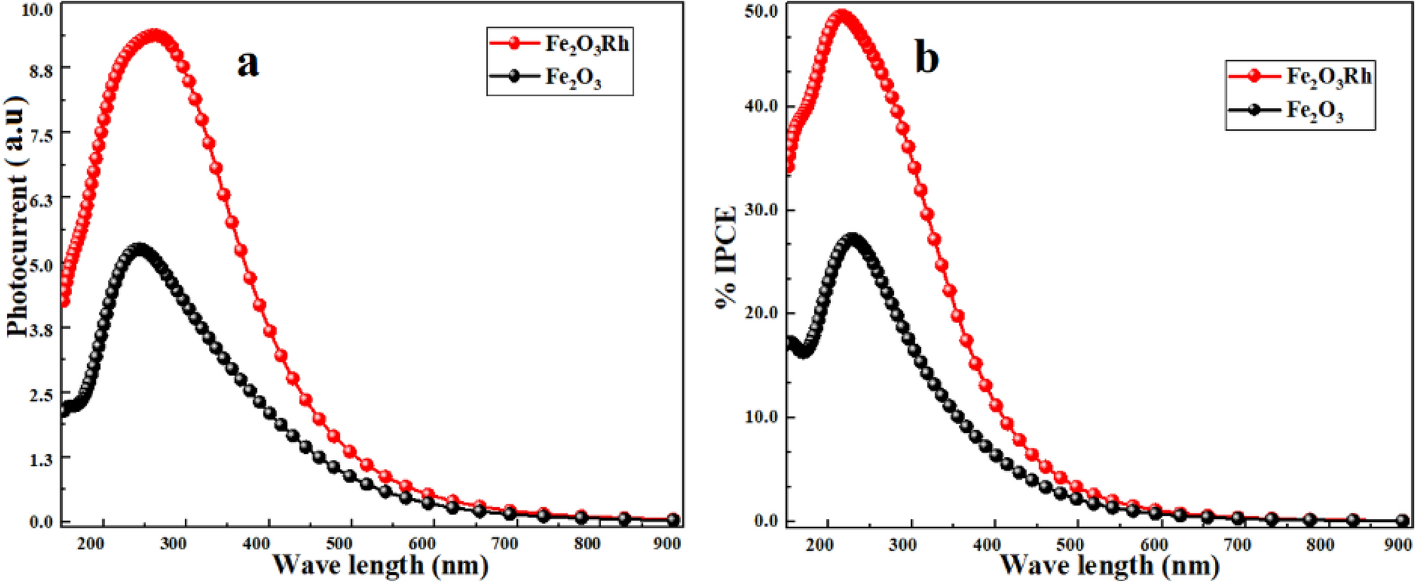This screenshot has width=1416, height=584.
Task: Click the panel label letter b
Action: coord(926,58)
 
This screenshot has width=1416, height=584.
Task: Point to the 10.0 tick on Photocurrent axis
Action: coord(39,10)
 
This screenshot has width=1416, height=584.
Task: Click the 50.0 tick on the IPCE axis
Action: coord(761,11)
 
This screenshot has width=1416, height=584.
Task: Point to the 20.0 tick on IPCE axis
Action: coord(761,313)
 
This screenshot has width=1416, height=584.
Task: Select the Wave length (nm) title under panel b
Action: coord(1110,565)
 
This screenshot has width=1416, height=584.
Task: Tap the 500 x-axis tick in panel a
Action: coord(339,543)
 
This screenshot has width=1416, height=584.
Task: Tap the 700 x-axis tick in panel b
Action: coord(1237,545)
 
